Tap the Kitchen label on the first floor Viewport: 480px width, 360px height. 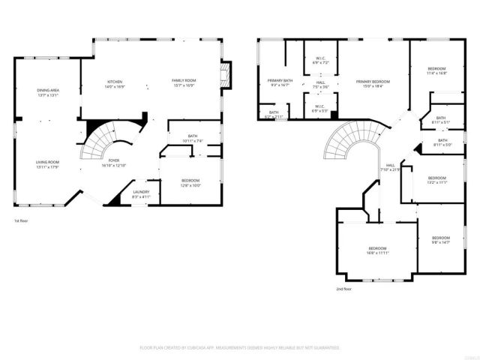point(115,83)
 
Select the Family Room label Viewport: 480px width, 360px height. point(184,83)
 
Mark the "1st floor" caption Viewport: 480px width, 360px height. point(21,221)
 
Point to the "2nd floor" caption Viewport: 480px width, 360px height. point(345,289)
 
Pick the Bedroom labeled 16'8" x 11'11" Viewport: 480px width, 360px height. point(376,250)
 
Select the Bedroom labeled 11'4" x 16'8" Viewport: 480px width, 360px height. point(436,70)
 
